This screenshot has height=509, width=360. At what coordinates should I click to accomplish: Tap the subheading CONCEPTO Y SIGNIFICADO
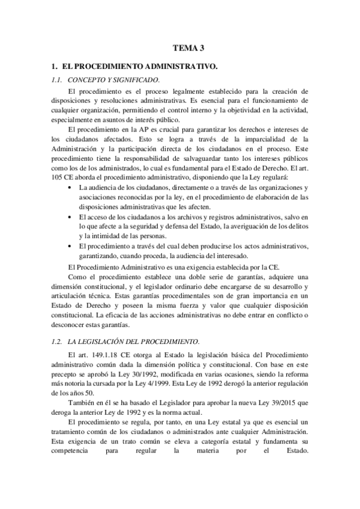tap(113, 79)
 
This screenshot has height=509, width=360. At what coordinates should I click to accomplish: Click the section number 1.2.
tap(57, 341)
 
